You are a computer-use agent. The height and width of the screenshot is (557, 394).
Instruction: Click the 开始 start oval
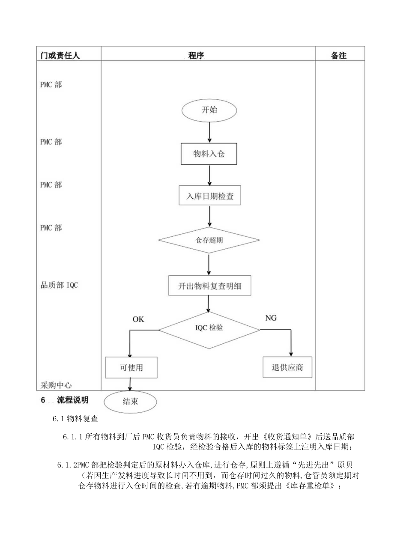[209, 110]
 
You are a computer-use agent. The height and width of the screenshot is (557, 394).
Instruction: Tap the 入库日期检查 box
[209, 197]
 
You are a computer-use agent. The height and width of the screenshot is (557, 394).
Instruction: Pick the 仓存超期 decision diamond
[209, 240]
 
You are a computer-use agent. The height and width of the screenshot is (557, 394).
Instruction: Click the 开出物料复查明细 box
[209, 286]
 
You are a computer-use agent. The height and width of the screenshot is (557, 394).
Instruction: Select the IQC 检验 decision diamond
[209, 329]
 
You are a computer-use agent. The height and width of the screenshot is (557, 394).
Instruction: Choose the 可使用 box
[131, 367]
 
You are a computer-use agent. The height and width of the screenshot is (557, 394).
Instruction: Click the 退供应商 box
[287, 367]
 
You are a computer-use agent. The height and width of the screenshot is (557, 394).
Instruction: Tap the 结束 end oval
[130, 402]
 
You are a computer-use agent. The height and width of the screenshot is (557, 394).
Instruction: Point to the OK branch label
[139, 319]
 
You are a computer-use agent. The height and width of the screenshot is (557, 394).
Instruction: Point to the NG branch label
[271, 318]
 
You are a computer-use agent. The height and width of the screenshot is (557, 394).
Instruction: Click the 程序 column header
[196, 56]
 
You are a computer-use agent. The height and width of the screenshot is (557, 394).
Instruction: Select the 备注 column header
[339, 56]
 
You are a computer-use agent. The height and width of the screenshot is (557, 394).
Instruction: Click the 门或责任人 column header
[60, 56]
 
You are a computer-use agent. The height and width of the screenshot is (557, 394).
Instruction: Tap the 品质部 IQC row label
[59, 285]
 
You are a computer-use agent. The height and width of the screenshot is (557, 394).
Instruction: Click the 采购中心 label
[56, 385]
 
